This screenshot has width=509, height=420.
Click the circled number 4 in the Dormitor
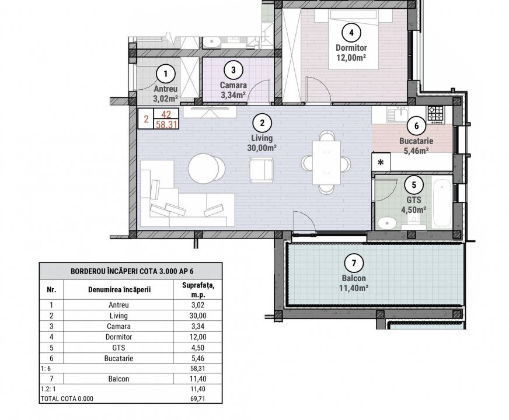click(351, 32)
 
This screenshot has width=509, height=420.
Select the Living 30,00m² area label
click(262, 143)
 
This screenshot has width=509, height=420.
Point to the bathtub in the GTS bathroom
click(441, 205)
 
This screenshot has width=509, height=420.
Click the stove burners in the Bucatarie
click(435, 113)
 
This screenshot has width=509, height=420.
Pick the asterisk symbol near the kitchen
click(381, 162)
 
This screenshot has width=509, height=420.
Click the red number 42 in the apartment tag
click(166, 114)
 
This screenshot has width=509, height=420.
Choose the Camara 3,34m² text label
click(233, 91)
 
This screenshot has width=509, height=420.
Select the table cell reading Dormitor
click(119, 337)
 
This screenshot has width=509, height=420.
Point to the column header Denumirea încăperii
click(119, 289)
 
